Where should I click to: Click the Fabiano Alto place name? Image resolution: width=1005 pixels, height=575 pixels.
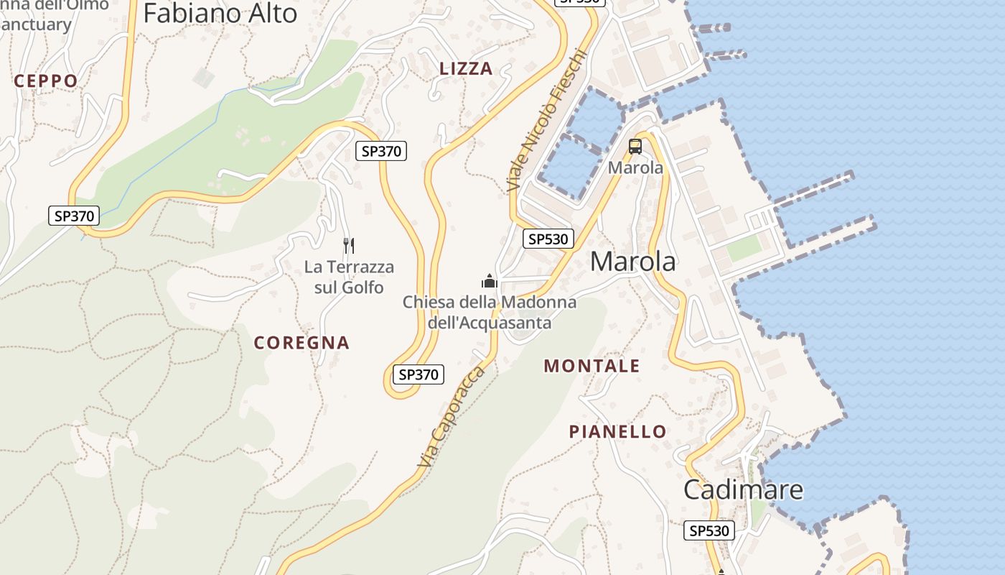point(220,13)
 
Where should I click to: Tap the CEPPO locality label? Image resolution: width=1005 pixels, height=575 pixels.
point(46,81)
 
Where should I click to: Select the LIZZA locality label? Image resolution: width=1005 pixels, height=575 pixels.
point(466,69)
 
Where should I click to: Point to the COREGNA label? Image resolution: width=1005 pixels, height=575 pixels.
point(301,343)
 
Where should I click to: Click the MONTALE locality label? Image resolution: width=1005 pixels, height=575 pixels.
point(592,366)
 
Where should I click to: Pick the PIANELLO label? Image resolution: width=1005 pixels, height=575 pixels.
point(617,431)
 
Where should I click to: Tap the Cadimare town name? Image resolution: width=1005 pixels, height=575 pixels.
point(743,489)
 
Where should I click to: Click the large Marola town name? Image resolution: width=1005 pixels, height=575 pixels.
point(632,262)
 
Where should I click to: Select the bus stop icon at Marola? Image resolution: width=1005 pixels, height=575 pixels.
point(635,147)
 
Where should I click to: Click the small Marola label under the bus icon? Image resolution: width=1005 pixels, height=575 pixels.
point(635,167)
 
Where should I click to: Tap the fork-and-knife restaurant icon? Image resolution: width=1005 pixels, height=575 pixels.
point(349,246)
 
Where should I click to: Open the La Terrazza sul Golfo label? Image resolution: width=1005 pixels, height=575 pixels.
point(349,277)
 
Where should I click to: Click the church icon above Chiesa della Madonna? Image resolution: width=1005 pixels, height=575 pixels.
point(490,280)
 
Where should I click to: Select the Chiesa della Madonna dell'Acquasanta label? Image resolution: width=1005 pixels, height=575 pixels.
point(490,312)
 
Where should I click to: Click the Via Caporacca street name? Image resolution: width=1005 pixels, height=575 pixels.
point(453,416)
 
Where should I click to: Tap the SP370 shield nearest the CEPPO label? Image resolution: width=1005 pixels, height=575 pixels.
point(73,215)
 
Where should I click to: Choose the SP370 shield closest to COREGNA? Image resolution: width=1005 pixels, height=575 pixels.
point(419,374)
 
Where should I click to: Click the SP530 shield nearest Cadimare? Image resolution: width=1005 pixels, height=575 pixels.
point(709,530)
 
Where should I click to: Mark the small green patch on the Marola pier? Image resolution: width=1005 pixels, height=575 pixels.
point(744,249)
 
